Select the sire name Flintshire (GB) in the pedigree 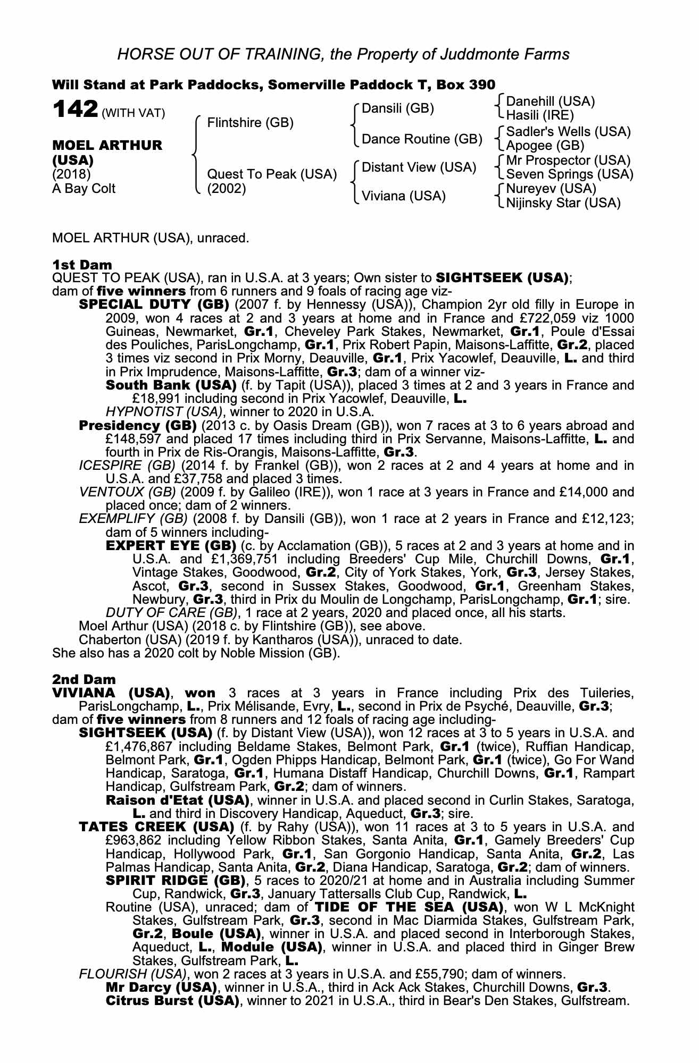click(x=250, y=123)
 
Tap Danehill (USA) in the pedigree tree click(x=550, y=101)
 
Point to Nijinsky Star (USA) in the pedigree click(x=563, y=203)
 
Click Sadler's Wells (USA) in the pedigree click(x=568, y=131)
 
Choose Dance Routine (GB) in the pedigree click(x=422, y=139)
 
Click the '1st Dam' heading click(x=82, y=264)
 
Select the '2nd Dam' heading click(x=83, y=680)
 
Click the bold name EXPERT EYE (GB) click(x=171, y=546)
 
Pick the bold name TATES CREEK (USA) click(x=156, y=827)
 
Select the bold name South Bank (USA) click(x=171, y=385)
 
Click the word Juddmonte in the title click(x=485, y=54)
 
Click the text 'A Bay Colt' click(x=84, y=189)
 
